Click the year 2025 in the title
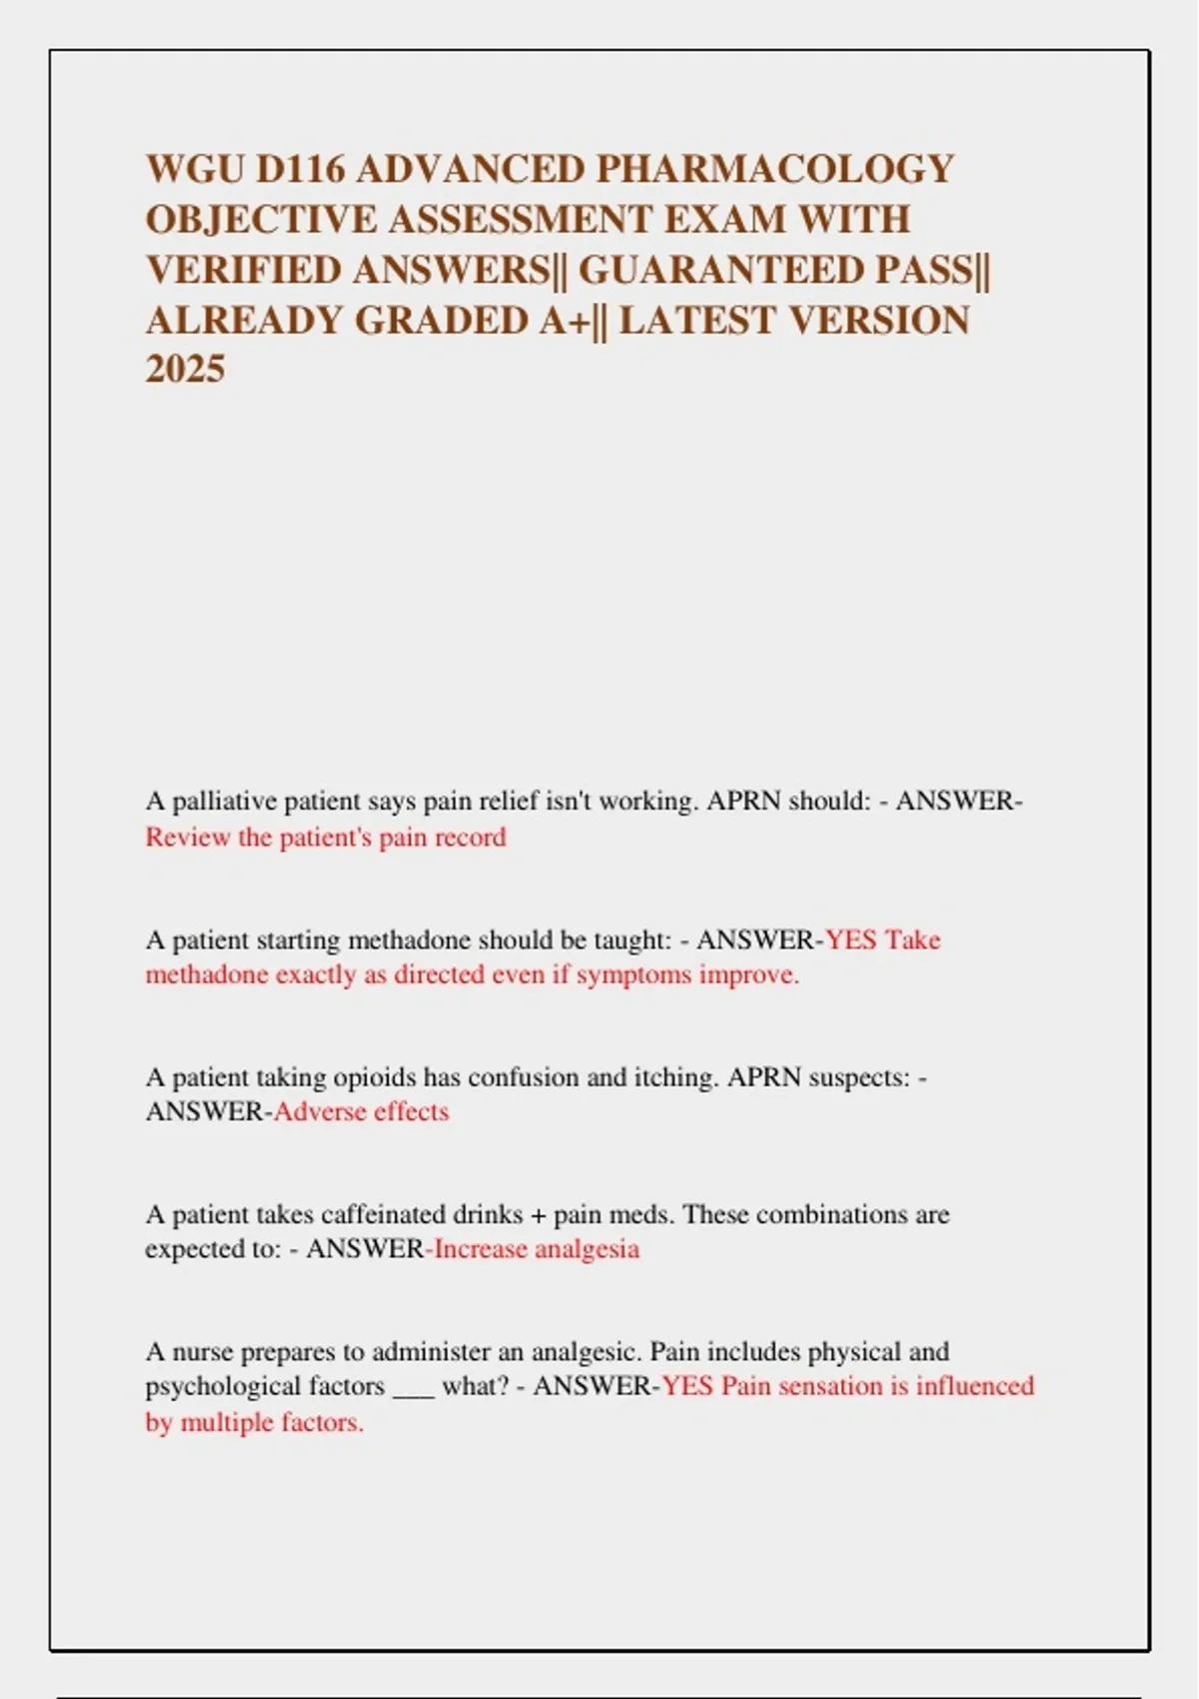185,370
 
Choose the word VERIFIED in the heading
243,270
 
